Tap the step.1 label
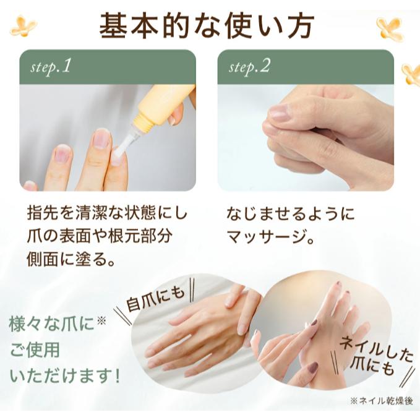coord(51,67)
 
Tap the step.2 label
coord(249,67)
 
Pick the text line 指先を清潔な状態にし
coord(108,213)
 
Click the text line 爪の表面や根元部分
coord(100,236)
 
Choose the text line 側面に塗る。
coord(71,259)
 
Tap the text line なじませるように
coord(291,213)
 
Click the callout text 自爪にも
coord(156,298)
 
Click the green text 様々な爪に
coord(58,324)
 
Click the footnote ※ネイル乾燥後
coord(382,401)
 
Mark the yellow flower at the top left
coord(24,26)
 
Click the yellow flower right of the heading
coord(390,28)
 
